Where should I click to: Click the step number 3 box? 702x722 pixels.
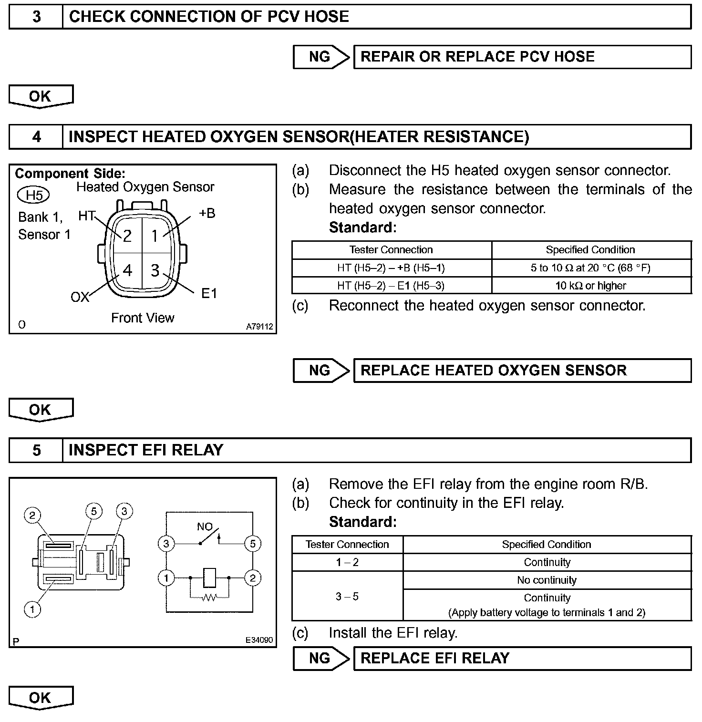[36, 17]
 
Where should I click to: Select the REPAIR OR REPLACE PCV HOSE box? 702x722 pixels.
[522, 57]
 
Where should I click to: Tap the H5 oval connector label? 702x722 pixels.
[33, 195]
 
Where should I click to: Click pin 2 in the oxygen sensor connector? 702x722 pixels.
[127, 236]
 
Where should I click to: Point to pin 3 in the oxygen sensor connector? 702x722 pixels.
[155, 270]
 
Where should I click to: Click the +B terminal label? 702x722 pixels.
[207, 213]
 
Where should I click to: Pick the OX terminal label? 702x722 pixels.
[80, 297]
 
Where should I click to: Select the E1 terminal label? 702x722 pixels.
[209, 293]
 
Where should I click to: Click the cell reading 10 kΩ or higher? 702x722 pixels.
[591, 286]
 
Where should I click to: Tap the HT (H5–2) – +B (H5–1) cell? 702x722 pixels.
[391, 268]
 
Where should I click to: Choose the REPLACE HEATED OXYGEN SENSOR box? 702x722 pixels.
[522, 371]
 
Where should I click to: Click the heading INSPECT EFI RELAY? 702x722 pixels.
[146, 450]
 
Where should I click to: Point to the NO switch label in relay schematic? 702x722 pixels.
[205, 526]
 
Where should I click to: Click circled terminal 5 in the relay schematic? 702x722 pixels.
[252, 544]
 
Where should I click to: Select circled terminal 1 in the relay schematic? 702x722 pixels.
[166, 578]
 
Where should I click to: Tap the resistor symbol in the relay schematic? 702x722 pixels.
[209, 597]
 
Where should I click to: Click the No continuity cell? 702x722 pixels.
[547, 580]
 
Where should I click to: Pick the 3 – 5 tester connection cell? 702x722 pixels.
[347, 597]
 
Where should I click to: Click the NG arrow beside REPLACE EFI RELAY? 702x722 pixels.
[321, 659]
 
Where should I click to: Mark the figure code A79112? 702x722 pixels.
[259, 327]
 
